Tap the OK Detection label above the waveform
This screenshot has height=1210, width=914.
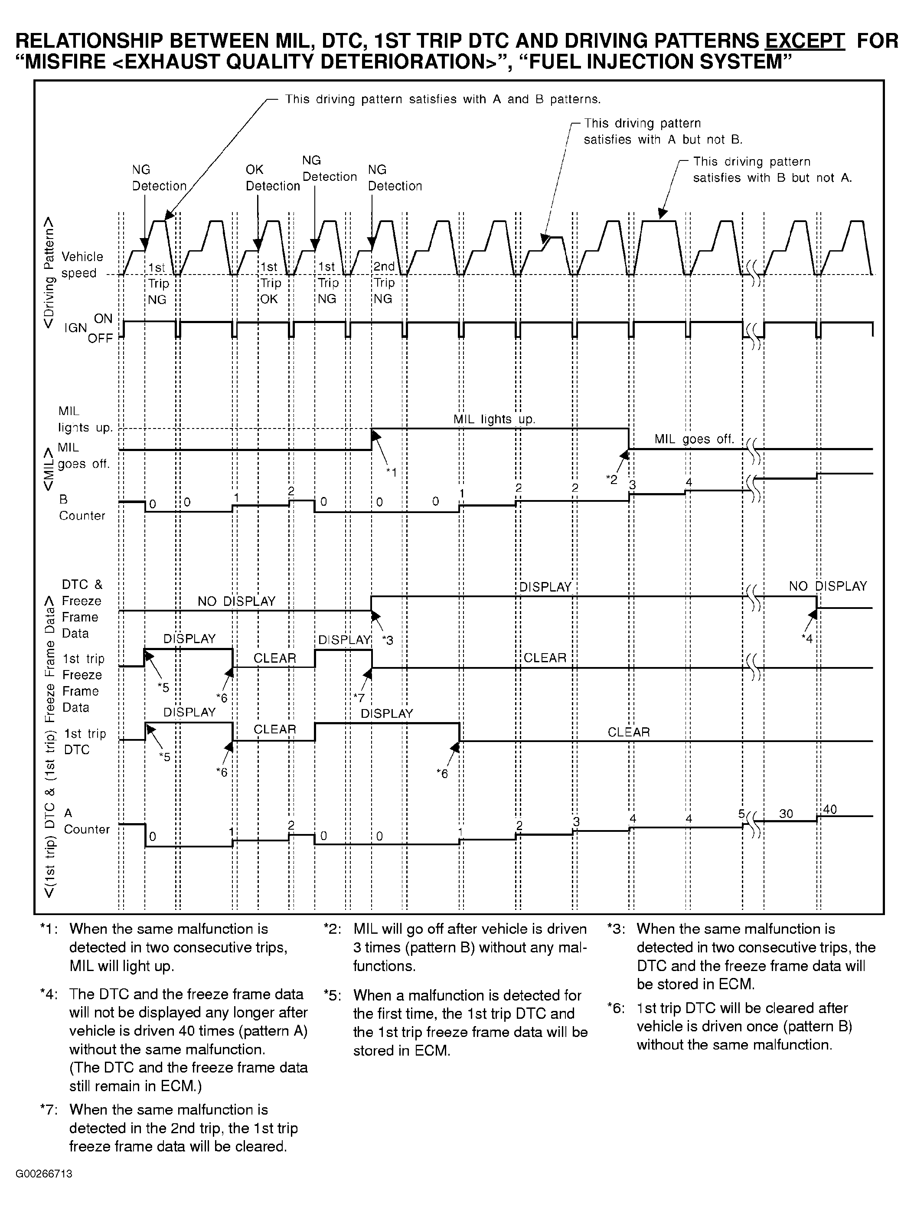[272, 178]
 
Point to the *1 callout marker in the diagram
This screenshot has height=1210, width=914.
[391, 471]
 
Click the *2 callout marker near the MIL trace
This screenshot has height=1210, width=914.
[611, 479]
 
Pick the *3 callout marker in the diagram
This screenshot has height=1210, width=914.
[387, 640]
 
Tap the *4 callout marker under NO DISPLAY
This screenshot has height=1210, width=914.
[807, 638]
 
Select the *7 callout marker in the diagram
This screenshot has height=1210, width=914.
[359, 697]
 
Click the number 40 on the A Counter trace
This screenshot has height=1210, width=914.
[830, 809]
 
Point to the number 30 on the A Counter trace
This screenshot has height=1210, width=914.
[786, 814]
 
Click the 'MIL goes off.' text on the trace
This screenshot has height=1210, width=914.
[694, 439]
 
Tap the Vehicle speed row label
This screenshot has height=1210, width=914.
[82, 265]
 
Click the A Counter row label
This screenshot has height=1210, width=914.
[86, 821]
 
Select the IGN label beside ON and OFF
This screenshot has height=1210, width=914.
[75, 328]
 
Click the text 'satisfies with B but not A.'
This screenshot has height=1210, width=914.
[772, 178]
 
